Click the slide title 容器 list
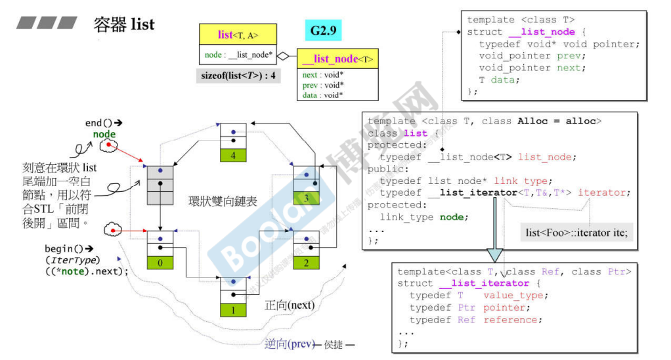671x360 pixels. pos(124,25)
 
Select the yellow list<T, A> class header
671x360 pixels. pos(237,34)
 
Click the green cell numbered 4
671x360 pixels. pos(232,156)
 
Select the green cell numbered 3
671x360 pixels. pos(305,198)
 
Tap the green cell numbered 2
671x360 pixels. pos(305,263)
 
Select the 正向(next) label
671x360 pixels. pos(290,305)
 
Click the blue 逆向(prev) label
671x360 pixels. pos(289,344)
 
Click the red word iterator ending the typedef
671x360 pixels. pos(604,192)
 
